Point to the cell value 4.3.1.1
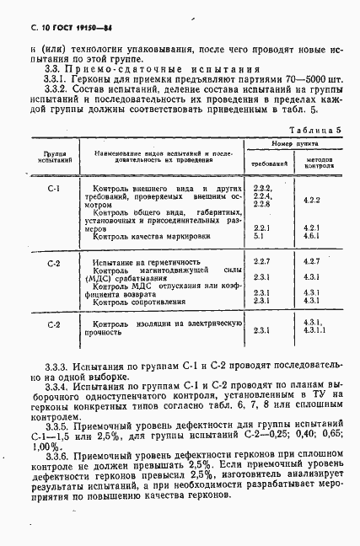(313, 331)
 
